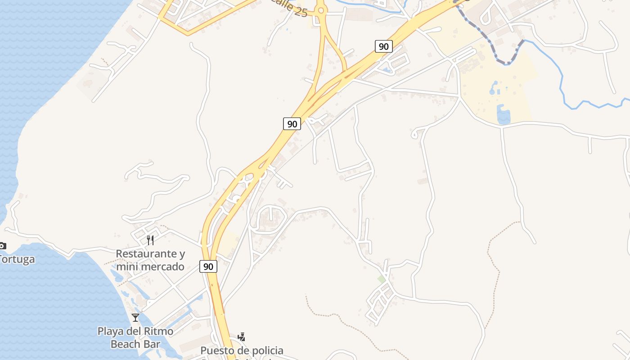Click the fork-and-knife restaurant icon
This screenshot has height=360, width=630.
[150, 240]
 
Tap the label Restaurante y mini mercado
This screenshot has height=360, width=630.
[150, 260]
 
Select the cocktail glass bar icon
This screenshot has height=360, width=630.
[135, 318]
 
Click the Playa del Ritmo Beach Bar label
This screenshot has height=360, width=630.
[135, 337]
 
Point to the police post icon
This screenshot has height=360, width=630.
[242, 337]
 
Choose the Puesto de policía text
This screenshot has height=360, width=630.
[242, 350]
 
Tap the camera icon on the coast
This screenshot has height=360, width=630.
[2, 246]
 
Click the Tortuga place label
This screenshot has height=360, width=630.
[17, 260]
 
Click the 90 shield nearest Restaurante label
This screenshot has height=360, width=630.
[208, 266]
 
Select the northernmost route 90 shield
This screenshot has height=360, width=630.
[383, 46]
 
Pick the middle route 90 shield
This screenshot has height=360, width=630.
[292, 124]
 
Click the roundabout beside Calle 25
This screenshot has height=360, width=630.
[320, 10]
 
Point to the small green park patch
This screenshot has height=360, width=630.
[382, 279]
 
